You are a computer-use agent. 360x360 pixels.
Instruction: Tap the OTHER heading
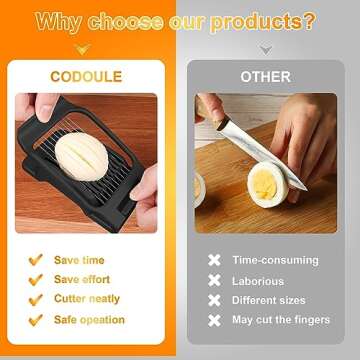point(265,76)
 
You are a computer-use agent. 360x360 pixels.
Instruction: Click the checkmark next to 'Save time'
point(35,260)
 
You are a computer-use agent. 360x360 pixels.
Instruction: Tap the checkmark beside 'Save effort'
point(35,280)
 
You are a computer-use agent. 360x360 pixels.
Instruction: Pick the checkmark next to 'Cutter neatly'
point(35,300)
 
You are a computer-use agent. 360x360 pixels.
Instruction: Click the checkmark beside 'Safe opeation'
point(35,320)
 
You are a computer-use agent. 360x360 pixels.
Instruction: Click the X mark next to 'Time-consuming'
point(213,260)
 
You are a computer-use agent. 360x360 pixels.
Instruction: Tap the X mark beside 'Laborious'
point(213,281)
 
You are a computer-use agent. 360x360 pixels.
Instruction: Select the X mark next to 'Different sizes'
point(213,300)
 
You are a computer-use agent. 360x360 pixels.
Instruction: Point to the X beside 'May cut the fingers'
point(213,320)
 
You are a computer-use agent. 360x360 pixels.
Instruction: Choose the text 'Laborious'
point(258,281)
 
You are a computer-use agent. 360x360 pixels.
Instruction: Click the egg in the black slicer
point(76,158)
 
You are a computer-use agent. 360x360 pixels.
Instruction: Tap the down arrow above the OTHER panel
point(265,49)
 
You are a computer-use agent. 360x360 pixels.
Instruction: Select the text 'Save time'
point(80,260)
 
